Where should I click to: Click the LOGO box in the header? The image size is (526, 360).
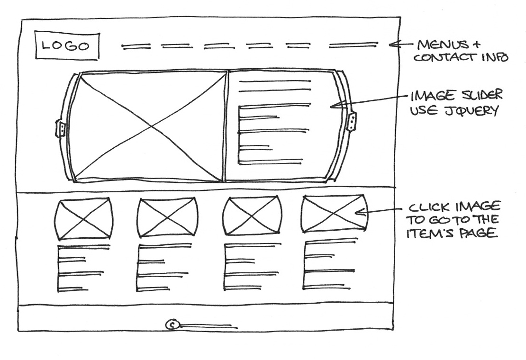coord(67,46)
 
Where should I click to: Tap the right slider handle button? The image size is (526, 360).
coord(352,121)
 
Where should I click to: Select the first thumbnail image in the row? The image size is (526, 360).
coord(84,219)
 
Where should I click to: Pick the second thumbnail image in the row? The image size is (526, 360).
coord(167,218)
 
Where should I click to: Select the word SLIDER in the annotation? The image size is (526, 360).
coord(480,97)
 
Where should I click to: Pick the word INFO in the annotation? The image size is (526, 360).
coord(496,58)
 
